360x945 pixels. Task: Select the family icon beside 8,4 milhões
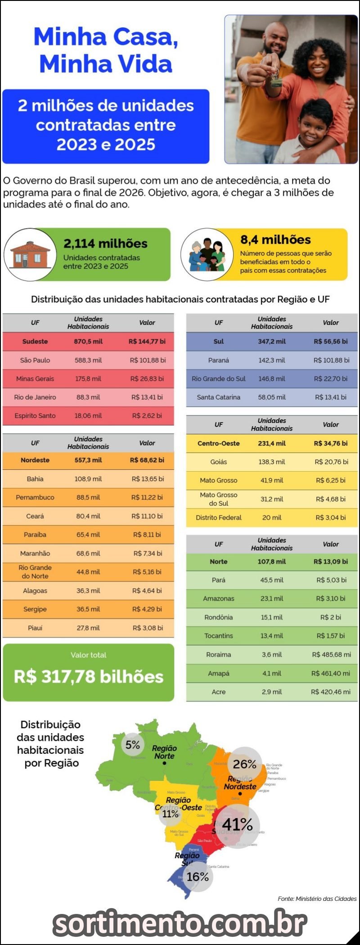pos(207,255)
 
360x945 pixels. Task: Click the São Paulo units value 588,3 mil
pos(88,360)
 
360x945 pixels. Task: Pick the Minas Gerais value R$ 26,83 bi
pos(147,378)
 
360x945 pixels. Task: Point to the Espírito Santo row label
pos(35,416)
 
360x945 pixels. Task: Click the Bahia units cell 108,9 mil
pos(88,479)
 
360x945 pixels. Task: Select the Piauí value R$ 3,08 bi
pos(148,628)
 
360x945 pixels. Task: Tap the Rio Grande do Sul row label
pos(219,378)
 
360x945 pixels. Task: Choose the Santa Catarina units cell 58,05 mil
pos(272,397)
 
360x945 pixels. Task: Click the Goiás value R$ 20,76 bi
pos(331,462)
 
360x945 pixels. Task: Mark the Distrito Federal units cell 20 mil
pos(272,517)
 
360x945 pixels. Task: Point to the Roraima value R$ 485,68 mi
pos(331,654)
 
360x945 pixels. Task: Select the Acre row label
pos(219,692)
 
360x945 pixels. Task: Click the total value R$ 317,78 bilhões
pos(89,676)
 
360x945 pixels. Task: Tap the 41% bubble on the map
pos(237,824)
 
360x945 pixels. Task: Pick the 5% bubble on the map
pos(133,745)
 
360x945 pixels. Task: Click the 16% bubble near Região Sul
pos(198,877)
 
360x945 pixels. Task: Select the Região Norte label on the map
pos(164,752)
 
